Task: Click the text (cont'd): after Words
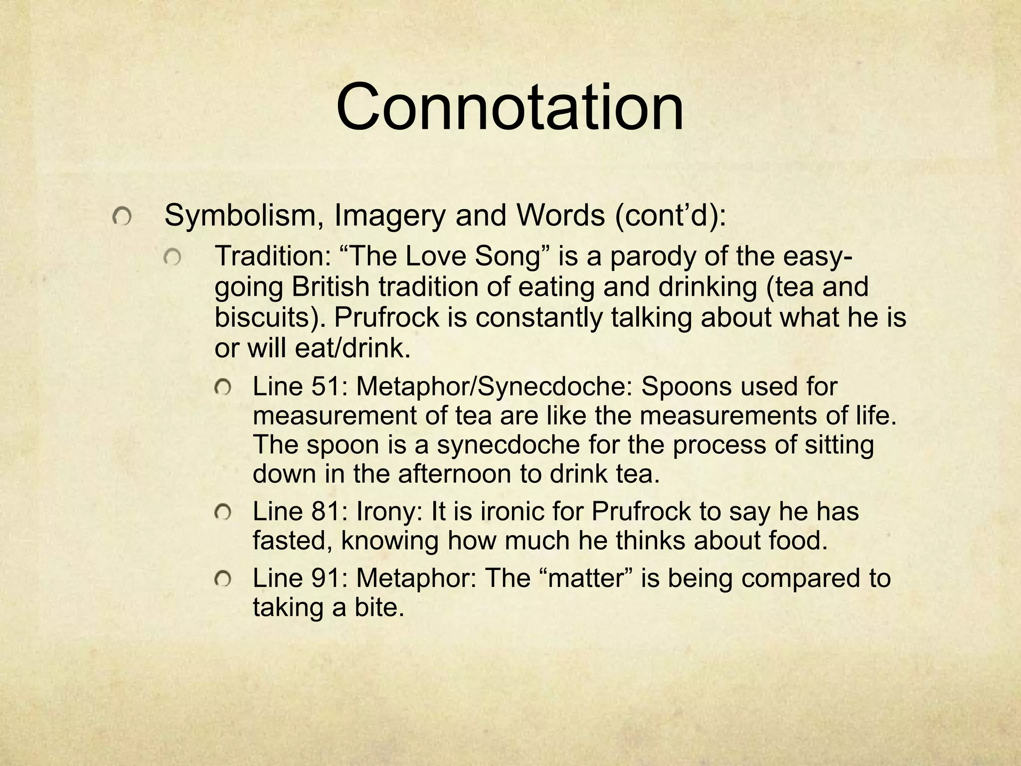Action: coord(670,216)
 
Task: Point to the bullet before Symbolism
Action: coord(122,217)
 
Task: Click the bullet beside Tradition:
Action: coord(172,258)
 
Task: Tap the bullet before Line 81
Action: coord(222,512)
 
